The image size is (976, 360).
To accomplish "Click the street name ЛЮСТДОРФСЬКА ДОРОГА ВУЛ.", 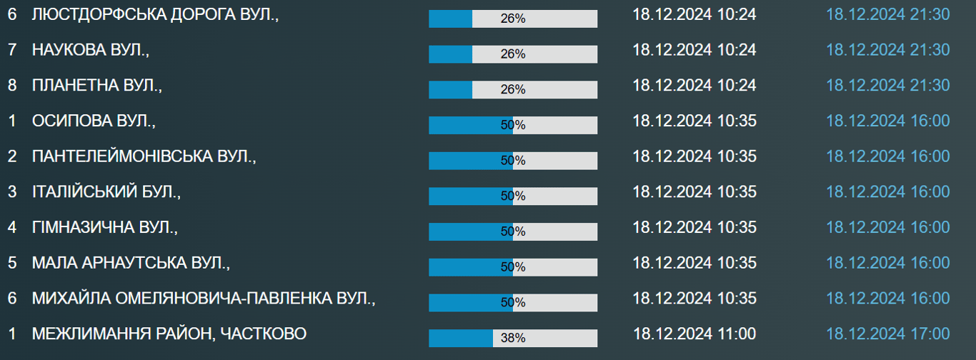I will (155, 14).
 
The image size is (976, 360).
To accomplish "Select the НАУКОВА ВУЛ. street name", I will (91, 49).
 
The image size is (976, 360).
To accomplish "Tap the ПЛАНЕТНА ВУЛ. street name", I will (97, 85).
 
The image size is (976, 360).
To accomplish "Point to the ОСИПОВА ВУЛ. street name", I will (94, 121).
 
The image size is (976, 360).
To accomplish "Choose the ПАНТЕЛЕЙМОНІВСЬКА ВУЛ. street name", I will (144, 156).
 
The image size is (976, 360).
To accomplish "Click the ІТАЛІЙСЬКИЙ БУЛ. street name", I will (106, 191).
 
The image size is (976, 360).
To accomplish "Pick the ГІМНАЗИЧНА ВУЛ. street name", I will (104, 227).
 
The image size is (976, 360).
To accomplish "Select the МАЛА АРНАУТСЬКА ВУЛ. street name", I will (131, 263).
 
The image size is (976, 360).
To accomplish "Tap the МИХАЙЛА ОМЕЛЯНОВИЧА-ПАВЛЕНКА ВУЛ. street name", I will (204, 298).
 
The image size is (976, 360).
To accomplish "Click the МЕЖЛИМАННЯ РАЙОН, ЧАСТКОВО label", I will (169, 334).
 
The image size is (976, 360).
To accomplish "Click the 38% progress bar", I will (513, 338).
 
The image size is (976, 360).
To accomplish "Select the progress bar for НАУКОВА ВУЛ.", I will (513, 54).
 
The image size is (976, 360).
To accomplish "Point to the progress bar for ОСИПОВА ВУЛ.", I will (513, 125).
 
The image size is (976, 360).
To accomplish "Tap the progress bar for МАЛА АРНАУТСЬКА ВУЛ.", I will (513, 267).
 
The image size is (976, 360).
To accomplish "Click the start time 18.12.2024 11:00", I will (694, 334).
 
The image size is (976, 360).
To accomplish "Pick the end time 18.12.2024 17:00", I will (888, 334).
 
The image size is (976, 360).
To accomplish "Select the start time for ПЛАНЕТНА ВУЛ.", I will (694, 85).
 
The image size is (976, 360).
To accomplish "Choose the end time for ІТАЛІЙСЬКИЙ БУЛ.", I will (888, 191).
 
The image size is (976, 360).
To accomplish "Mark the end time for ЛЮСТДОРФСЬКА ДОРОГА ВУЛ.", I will (888, 14).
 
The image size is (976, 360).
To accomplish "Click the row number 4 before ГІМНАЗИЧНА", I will (11, 227).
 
